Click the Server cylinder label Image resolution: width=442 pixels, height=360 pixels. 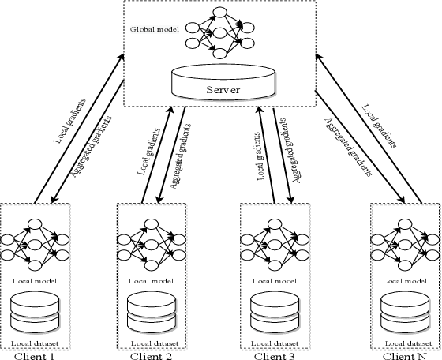tap(223, 89)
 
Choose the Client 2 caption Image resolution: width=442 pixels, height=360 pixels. tap(151, 354)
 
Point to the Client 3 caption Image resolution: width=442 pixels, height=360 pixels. tap(272, 354)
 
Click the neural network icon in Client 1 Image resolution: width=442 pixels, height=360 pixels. tap(35, 244)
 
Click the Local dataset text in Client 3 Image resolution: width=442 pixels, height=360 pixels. tap(272, 343)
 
